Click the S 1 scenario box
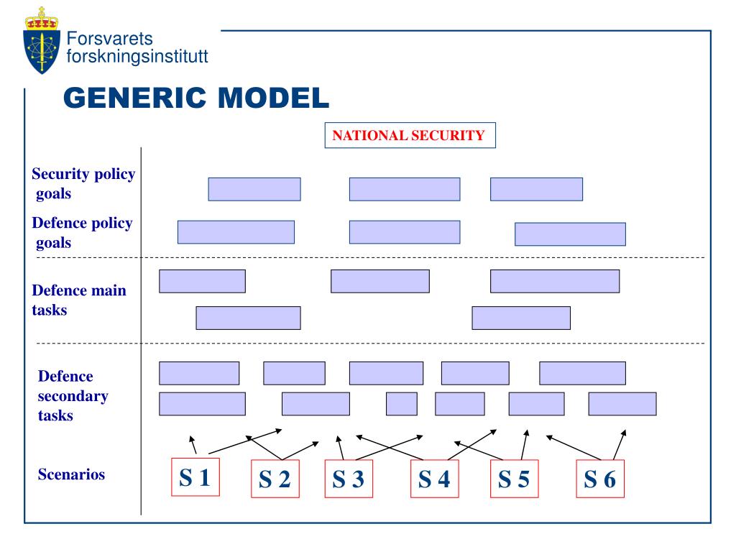click(194, 477)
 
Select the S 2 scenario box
click(275, 479)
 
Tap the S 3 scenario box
click(349, 479)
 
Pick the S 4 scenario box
click(434, 479)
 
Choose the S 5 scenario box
click(514, 479)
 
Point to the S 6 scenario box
click(600, 479)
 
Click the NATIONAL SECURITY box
click(410, 135)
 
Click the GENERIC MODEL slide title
click(196, 97)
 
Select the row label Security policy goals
click(83, 184)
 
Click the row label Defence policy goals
click(82, 233)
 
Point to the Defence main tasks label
click(79, 300)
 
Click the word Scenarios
click(71, 474)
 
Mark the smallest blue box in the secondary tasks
click(401, 404)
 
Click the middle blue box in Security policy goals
click(405, 189)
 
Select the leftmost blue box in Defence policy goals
click(236, 232)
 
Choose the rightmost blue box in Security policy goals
click(536, 189)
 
